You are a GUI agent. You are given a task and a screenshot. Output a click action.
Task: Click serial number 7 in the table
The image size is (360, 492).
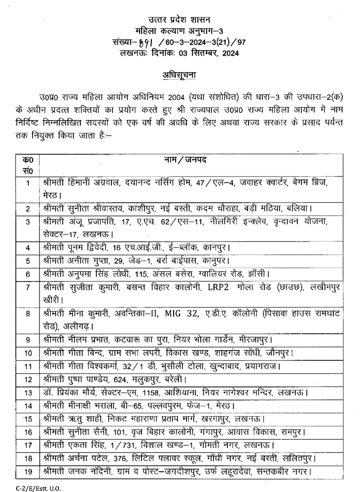[28, 287]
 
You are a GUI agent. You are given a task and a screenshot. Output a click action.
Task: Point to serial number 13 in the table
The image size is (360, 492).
[28, 393]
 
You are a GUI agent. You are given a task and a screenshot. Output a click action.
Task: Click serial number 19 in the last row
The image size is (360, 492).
[28, 472]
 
